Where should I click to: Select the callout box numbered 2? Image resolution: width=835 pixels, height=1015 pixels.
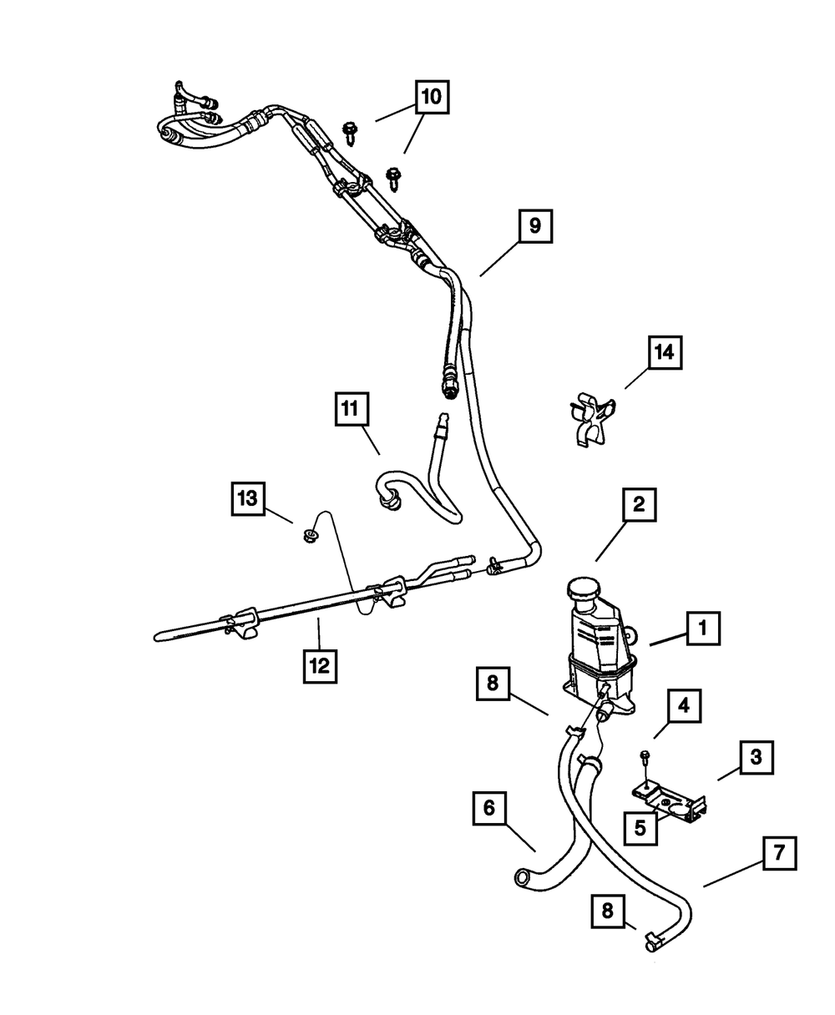tap(638, 504)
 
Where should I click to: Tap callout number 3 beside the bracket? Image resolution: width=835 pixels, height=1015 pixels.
tap(755, 758)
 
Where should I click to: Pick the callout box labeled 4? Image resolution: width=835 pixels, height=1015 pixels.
tap(683, 708)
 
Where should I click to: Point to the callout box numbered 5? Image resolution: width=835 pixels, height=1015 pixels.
tap(640, 828)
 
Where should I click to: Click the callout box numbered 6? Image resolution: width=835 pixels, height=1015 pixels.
tap(489, 809)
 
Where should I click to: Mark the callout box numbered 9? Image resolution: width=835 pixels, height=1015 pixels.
tap(534, 225)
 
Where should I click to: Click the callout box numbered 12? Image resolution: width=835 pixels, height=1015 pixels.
tap(321, 666)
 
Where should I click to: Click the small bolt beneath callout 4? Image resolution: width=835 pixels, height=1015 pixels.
tap(645, 758)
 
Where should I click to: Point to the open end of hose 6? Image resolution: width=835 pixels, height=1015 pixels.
tap(522, 877)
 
